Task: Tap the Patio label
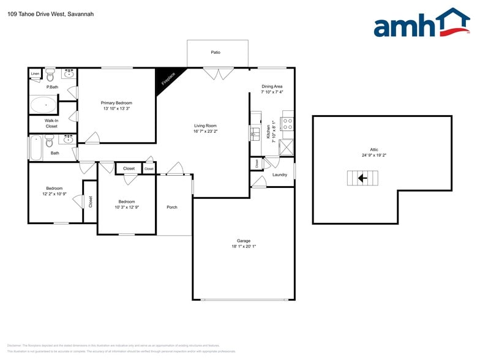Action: [x=216, y=53]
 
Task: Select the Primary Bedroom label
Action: [x=116, y=103]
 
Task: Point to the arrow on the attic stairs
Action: [x=362, y=178]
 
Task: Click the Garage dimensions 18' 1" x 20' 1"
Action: [x=244, y=247]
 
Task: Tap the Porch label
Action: [x=172, y=207]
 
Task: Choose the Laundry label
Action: [x=280, y=175]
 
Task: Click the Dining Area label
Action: [x=272, y=86]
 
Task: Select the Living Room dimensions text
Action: [x=206, y=131]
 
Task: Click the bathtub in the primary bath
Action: [x=43, y=105]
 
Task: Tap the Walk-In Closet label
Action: [x=51, y=123]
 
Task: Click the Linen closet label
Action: [x=35, y=74]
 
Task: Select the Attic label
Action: [x=374, y=149]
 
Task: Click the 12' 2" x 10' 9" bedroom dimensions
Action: [x=54, y=194]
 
